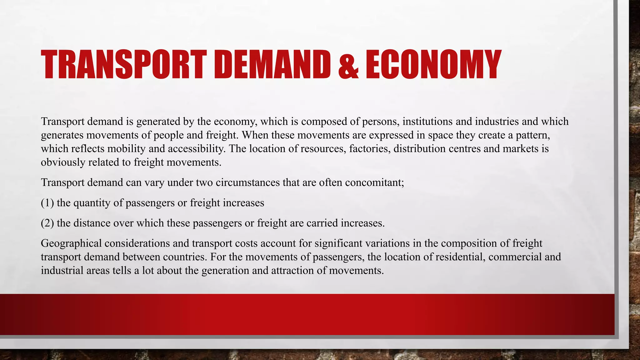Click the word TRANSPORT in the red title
click(124, 65)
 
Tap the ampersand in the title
click(348, 65)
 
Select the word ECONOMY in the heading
click(433, 65)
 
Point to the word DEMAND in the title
click(272, 65)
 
